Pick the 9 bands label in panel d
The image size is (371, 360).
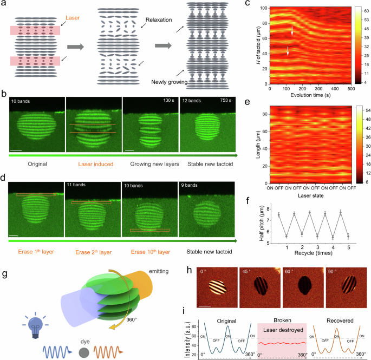pos(191,186)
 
